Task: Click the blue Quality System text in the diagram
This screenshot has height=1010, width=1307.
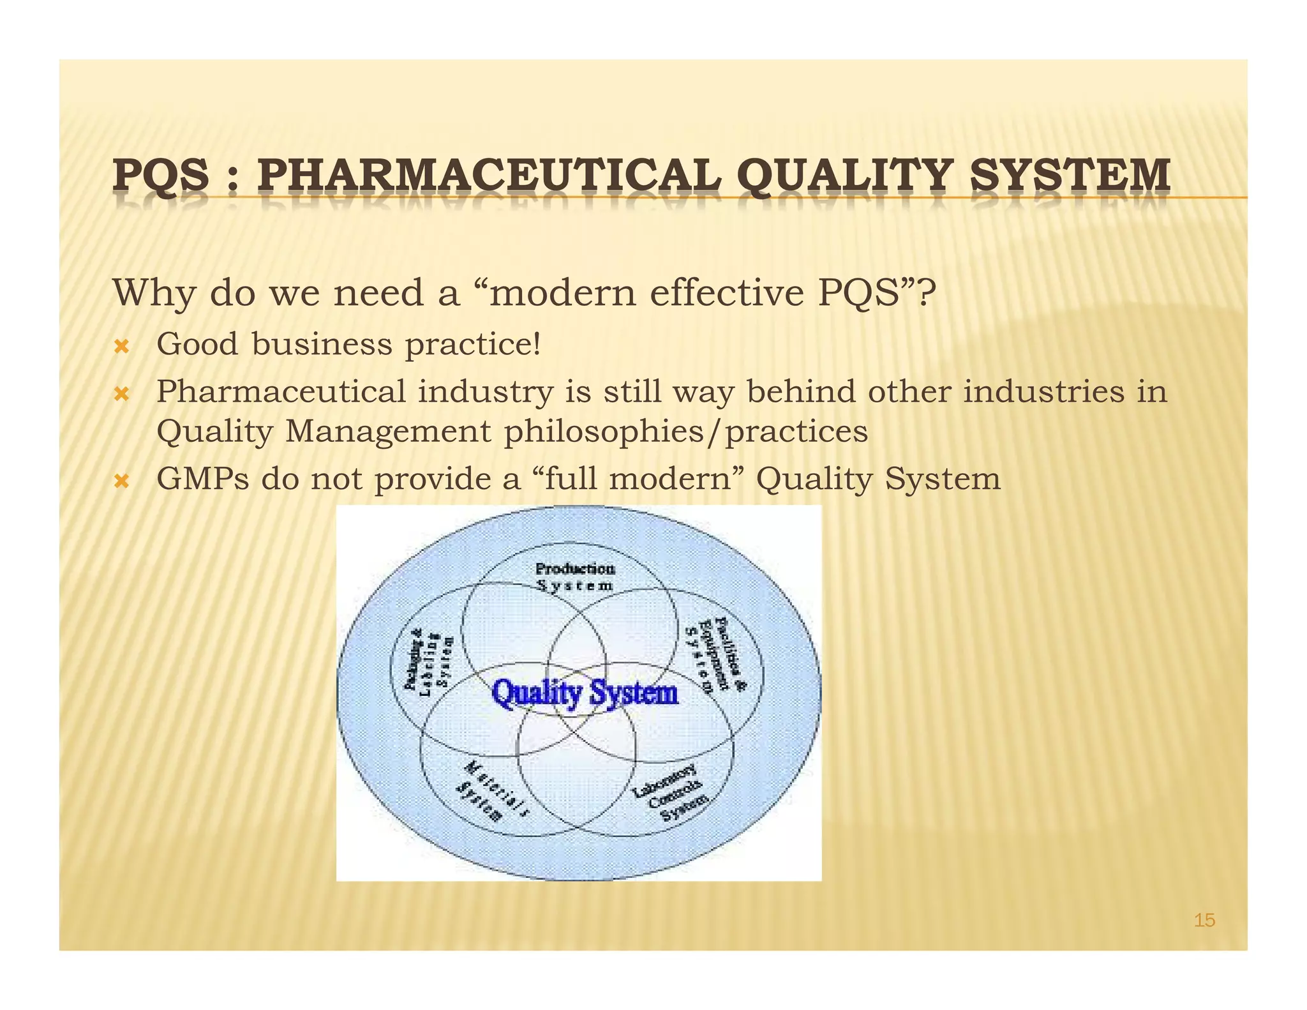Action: (585, 693)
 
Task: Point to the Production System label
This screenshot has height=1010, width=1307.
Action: (575, 577)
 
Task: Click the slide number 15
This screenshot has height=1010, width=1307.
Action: (1204, 920)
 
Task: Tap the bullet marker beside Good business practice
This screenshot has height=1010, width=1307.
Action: (121, 347)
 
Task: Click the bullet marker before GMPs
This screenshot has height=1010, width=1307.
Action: (121, 481)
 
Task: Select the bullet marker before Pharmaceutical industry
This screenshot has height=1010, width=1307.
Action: (121, 394)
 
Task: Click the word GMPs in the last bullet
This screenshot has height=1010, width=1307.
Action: (202, 479)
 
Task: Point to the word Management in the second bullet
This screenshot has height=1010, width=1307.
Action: (388, 432)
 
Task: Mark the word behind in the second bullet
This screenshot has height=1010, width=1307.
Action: (800, 391)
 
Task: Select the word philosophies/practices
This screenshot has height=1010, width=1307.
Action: (686, 432)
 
